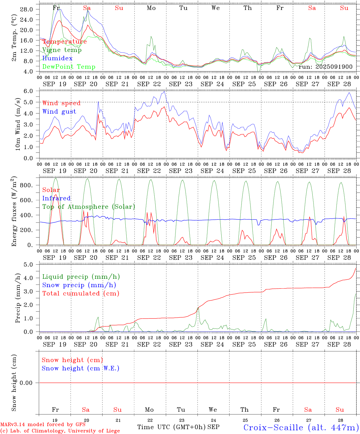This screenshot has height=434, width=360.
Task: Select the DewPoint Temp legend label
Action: click(x=69, y=67)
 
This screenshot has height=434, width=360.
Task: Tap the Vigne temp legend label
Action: click(x=62, y=50)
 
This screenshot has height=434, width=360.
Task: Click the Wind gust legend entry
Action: click(x=59, y=112)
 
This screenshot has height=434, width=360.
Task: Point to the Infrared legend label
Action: click(x=56, y=198)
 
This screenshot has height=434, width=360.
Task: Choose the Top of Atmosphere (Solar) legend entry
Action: click(x=89, y=207)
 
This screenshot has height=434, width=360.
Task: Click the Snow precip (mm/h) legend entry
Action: click(x=79, y=285)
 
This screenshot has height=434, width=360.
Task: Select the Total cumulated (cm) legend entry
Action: click(x=81, y=294)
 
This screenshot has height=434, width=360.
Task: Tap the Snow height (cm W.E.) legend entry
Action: click(x=81, y=368)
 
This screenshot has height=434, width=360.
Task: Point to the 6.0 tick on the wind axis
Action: click(x=32, y=91)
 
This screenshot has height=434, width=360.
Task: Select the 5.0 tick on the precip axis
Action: click(x=32, y=265)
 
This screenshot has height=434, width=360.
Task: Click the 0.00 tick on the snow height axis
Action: click(x=30, y=383)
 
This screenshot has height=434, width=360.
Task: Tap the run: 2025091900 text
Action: click(x=325, y=67)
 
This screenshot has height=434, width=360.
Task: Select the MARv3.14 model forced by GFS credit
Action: click(x=43, y=425)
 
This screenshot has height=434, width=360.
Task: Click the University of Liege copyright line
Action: click(x=60, y=431)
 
